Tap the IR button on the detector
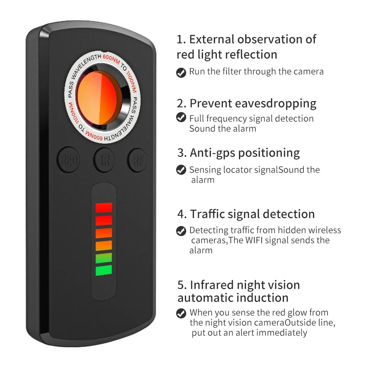click(x=104, y=160)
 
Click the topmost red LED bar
click(x=104, y=208)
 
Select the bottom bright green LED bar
click(x=104, y=270)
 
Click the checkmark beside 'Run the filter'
click(x=181, y=72)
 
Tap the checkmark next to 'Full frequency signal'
click(x=181, y=118)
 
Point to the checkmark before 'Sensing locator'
click(x=181, y=170)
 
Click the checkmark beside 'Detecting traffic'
click(x=181, y=231)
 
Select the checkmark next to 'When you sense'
click(x=181, y=313)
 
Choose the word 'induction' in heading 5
click(x=263, y=298)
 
